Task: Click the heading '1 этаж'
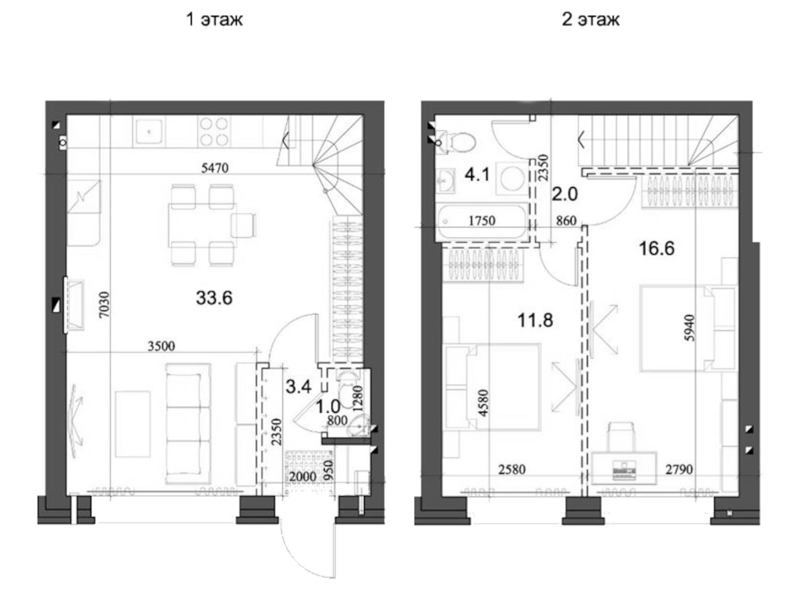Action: [x=214, y=19]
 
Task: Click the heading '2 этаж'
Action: [x=590, y=19]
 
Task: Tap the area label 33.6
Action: [x=214, y=298]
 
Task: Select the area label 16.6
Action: [x=656, y=248]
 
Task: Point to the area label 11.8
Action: [x=535, y=320]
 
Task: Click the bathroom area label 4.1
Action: [x=477, y=174]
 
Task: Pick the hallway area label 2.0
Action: [x=565, y=194]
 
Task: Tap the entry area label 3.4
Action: [x=298, y=386]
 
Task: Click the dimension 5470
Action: [x=215, y=168]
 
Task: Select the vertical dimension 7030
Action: [x=104, y=304]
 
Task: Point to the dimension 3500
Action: [x=161, y=346]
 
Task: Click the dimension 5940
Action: [x=689, y=328]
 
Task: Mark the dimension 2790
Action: [x=679, y=470]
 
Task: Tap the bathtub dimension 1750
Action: [x=482, y=220]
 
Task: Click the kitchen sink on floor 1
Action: [x=149, y=131]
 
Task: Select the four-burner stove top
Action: [x=214, y=131]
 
